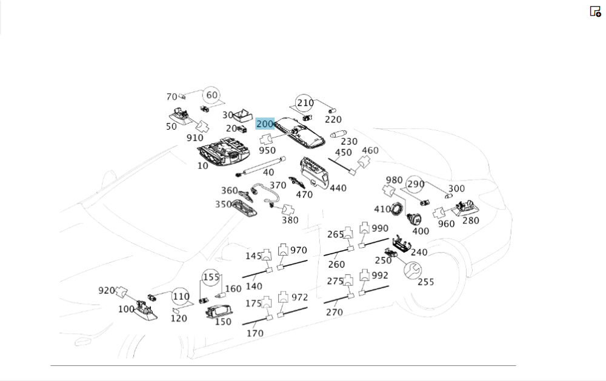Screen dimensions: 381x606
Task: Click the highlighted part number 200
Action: pyautogui.click(x=265, y=124)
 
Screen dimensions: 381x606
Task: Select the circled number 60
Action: pyautogui.click(x=211, y=95)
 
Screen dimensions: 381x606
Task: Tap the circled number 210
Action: pyautogui.click(x=304, y=103)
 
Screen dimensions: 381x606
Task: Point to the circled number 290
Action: pyautogui.click(x=415, y=184)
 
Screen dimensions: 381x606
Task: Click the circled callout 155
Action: pyautogui.click(x=211, y=277)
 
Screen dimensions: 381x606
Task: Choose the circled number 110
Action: pyautogui.click(x=181, y=297)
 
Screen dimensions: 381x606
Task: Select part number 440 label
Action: pyautogui.click(x=338, y=188)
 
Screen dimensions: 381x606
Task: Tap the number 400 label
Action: pyautogui.click(x=421, y=231)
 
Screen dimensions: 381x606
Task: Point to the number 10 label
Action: pyautogui.click(x=202, y=165)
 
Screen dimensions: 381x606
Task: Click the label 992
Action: pyautogui.click(x=380, y=275)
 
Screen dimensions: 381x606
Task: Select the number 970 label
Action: pyautogui.click(x=299, y=250)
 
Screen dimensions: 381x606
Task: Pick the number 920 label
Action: pyautogui.click(x=107, y=290)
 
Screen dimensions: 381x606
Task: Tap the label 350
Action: pyautogui.click(x=223, y=204)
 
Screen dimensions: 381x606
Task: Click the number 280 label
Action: pyautogui.click(x=470, y=220)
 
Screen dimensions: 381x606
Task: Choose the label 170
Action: pyautogui.click(x=255, y=333)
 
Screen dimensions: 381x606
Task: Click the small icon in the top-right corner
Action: pyautogui.click(x=595, y=11)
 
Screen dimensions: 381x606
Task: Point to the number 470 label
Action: pyautogui.click(x=304, y=194)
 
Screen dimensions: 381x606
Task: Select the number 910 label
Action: pyautogui.click(x=195, y=137)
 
